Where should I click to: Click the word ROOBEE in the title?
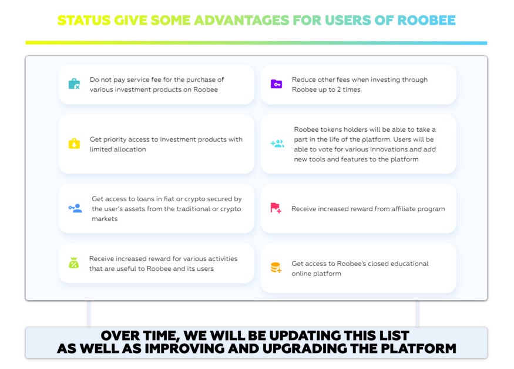tap(426, 21)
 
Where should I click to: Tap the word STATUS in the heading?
tap(84, 21)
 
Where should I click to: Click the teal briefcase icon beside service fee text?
tap(74, 84)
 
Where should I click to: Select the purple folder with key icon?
tap(276, 84)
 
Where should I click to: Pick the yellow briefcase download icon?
tap(74, 144)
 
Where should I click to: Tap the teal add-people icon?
tap(277, 144)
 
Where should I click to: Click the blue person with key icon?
tap(75, 208)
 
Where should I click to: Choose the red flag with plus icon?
tap(276, 208)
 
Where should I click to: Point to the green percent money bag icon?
tap(74, 262)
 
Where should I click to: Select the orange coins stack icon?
tap(276, 268)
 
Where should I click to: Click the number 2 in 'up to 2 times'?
tap(339, 89)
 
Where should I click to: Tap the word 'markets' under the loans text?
tap(105, 219)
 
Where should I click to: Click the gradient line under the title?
tap(256, 43)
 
